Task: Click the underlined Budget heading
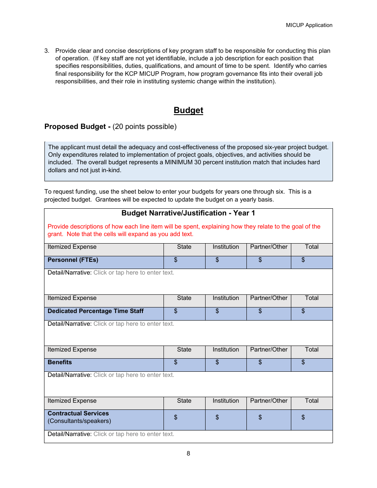[188, 110]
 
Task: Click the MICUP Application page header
[309, 25]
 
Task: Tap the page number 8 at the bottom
[188, 453]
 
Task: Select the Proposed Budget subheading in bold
[77, 127]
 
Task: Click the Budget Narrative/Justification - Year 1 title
[188, 213]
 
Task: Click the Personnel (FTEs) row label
[73, 260]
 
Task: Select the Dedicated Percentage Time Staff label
[96, 311]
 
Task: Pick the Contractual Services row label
[78, 413]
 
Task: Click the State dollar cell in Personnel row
[184, 262]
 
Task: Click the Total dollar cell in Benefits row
[312, 365]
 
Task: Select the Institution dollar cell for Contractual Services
[225, 420]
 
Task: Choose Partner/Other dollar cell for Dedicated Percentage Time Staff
[269, 313]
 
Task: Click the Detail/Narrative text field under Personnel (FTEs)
[134, 273]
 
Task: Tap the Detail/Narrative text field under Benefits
[134, 375]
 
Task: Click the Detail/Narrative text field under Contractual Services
[134, 434]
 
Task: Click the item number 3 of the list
[46, 51]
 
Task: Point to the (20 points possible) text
[144, 127]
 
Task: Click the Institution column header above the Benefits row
[225, 350]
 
